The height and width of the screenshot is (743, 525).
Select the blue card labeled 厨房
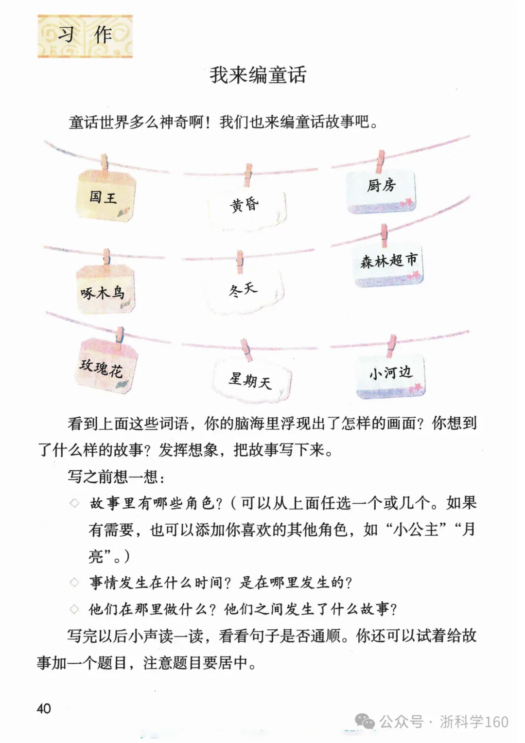[381, 191]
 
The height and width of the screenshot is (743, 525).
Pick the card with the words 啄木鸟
[105, 289]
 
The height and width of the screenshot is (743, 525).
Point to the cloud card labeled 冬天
[244, 291]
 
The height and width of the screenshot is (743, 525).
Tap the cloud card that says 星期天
[251, 380]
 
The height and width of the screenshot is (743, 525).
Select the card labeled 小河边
[390, 376]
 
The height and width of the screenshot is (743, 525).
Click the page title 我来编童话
[258, 75]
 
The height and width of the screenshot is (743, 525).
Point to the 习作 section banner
[85, 36]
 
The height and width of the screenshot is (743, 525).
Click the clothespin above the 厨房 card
[381, 161]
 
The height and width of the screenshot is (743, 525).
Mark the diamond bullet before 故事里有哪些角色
[74, 503]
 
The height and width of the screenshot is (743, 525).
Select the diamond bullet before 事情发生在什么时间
[74, 582]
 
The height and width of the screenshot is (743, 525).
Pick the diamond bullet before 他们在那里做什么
[74, 609]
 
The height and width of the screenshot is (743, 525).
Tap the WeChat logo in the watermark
[365, 722]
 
